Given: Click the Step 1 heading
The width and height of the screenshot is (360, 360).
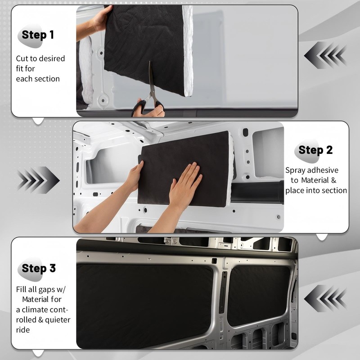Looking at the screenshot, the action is coord(38,35).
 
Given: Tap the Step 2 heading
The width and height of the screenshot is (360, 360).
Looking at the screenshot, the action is coord(315,150).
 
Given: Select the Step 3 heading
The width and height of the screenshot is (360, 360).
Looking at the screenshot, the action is coord(39,268).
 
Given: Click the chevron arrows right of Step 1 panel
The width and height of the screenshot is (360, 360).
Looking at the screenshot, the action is coord(325,55).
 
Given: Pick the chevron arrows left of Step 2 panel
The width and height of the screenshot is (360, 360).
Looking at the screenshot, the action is coord(38,180).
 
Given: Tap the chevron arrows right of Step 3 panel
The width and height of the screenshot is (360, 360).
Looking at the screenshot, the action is coord(325,298).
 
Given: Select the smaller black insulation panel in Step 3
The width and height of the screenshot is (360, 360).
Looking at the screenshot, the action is coord(258,296).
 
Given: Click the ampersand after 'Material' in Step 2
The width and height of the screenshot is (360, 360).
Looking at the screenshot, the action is coord(333,180).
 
